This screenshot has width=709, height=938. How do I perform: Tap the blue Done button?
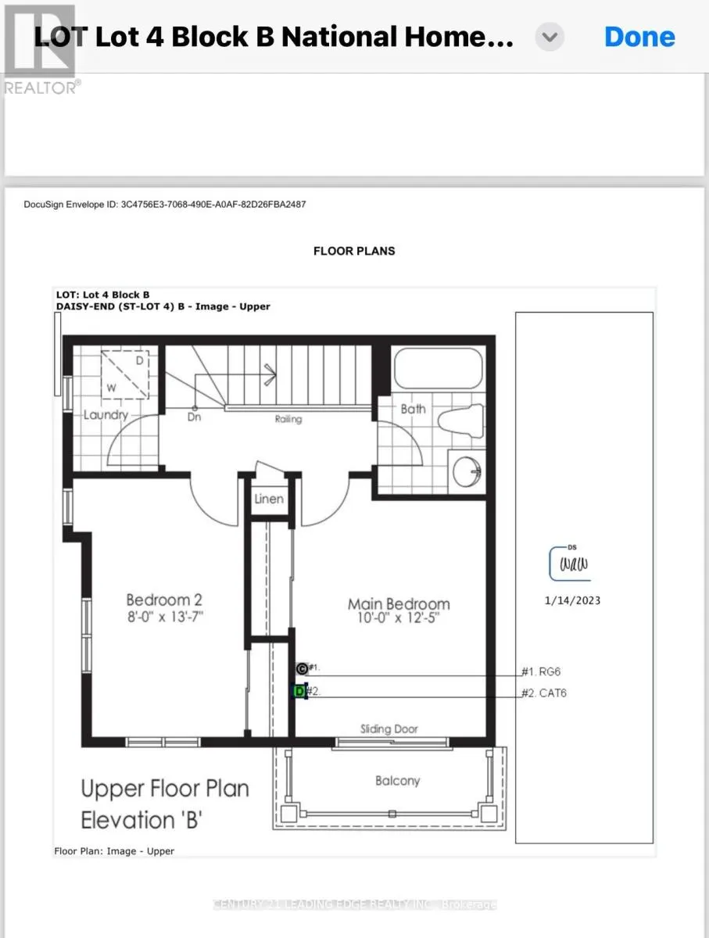[639, 38]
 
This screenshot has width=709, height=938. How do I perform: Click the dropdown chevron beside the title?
[550, 37]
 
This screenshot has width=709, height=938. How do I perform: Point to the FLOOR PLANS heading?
[354, 251]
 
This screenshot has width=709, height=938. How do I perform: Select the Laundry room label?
[106, 414]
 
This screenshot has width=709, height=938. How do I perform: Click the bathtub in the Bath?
[438, 368]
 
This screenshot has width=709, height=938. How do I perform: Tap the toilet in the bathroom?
[460, 421]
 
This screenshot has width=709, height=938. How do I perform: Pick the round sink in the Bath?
[467, 471]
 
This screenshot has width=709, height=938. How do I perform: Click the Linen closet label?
[269, 499]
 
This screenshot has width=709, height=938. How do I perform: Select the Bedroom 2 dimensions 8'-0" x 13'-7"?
[165, 617]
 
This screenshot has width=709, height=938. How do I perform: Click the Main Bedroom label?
[399, 603]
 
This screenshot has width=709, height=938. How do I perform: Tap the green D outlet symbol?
[299, 691]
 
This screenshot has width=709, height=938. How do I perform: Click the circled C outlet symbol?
[302, 668]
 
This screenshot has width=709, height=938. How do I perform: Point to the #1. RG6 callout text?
[541, 671]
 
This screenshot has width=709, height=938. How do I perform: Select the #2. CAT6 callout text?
[543, 693]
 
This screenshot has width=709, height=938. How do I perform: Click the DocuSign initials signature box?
[570, 564]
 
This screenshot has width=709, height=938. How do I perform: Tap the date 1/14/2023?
[572, 600]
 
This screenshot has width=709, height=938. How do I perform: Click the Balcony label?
[397, 781]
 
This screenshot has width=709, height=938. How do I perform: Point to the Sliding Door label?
[389, 729]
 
